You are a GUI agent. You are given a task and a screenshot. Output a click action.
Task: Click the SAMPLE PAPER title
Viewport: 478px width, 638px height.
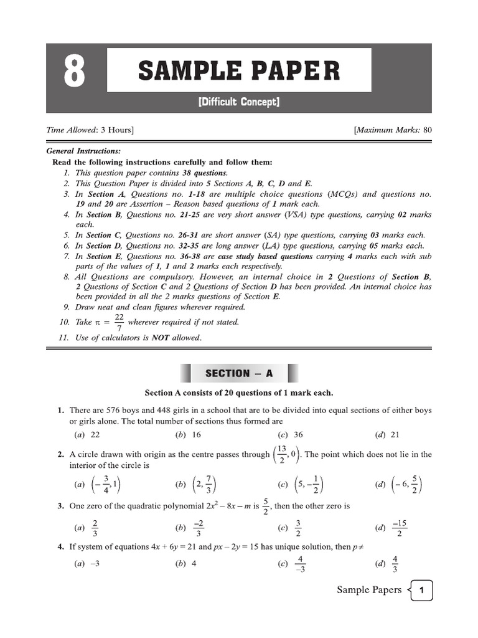pos(239,70)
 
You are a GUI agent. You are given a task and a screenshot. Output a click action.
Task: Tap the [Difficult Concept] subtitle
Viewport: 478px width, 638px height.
pos(238,102)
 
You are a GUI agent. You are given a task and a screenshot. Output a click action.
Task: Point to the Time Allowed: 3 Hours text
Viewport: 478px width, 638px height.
pos(90,130)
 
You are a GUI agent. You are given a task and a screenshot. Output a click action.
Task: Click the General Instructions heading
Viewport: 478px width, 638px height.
pos(84,151)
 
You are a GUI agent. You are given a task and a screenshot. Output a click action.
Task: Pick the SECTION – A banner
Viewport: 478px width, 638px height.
pos(239,373)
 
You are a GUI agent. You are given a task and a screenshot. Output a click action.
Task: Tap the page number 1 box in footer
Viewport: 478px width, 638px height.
pos(421,590)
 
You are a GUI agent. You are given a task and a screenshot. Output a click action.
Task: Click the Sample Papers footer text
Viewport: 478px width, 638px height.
pos(369,589)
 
